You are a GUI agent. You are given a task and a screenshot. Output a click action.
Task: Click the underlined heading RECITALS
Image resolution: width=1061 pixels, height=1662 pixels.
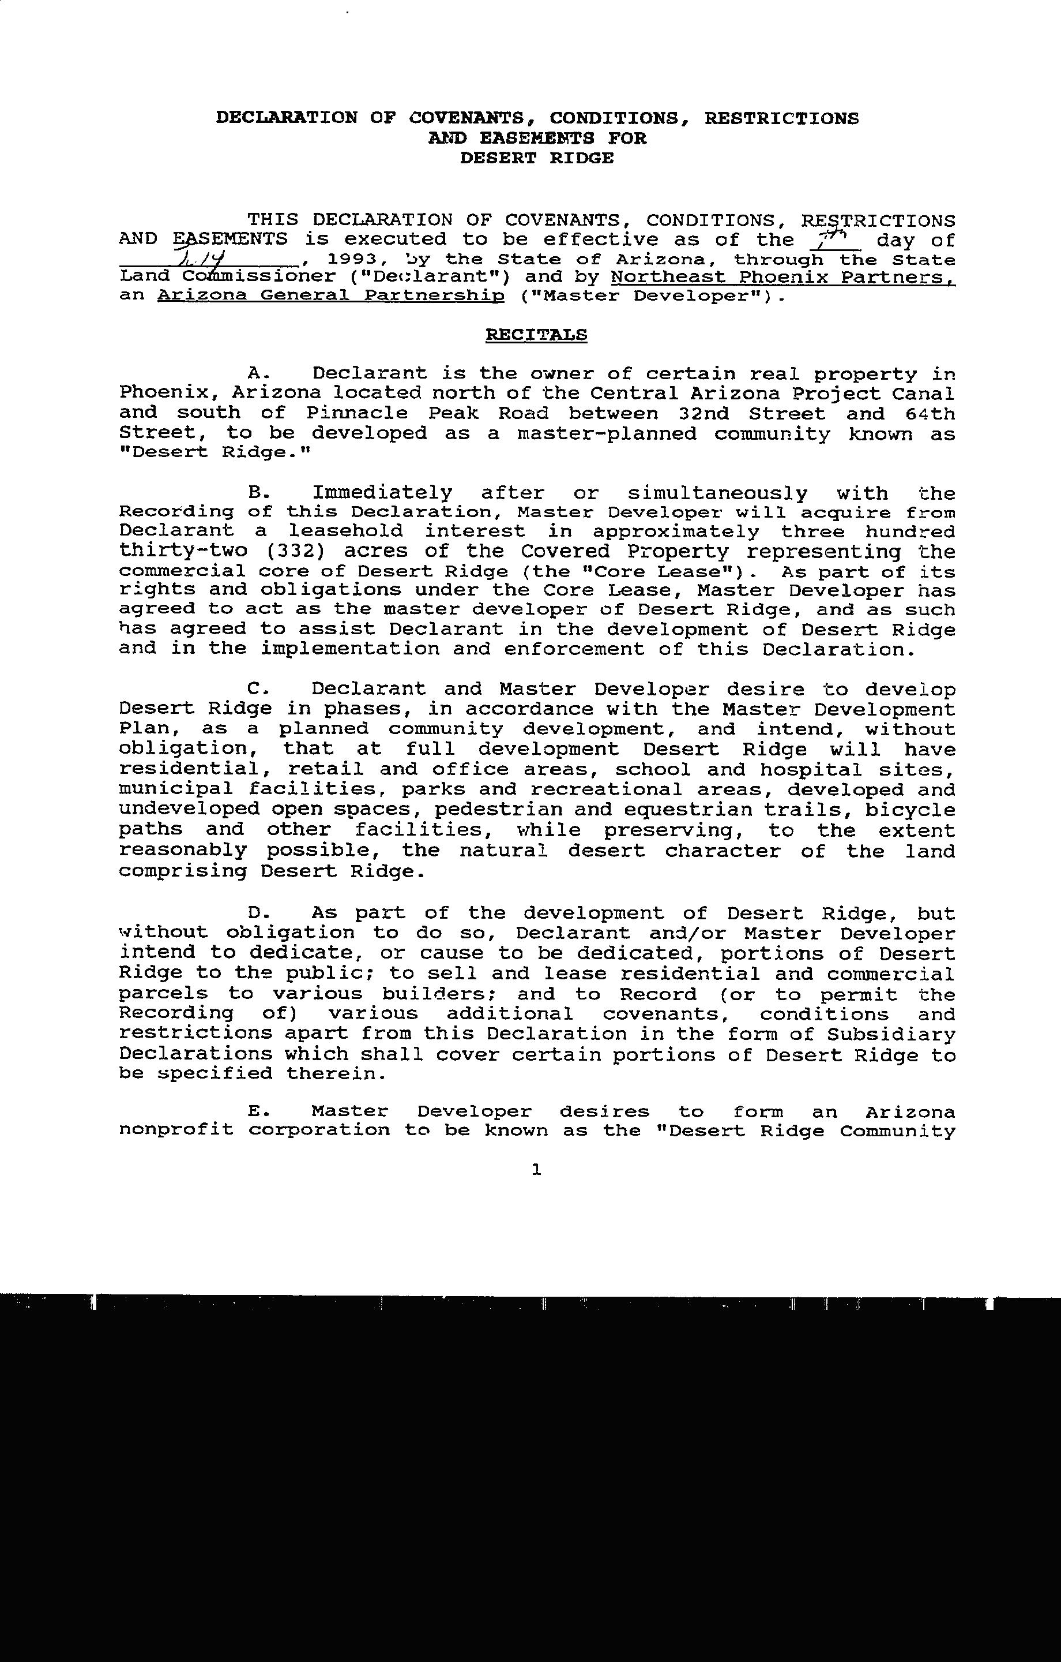point(536,335)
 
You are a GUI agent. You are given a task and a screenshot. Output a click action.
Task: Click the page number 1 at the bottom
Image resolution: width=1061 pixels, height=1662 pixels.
point(537,1169)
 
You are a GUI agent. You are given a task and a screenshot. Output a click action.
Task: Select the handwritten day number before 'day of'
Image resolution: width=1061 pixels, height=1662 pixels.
point(836,239)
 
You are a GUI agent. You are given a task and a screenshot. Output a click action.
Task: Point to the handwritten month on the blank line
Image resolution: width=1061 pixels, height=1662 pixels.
point(204,260)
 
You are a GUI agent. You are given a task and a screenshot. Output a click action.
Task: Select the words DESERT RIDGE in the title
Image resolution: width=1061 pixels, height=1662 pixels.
point(537,158)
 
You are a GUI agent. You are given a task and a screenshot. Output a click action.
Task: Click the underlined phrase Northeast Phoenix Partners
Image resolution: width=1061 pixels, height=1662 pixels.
point(783,278)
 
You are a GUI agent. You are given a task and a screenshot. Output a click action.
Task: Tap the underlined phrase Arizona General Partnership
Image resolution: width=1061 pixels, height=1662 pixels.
point(331,296)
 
